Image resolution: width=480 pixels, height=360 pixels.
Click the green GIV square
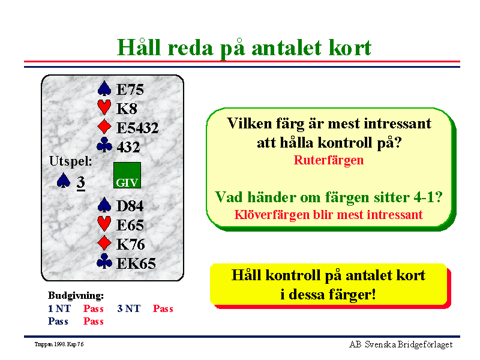pyautogui.click(x=127, y=175)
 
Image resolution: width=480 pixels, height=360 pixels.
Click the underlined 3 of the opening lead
pyautogui.click(x=81, y=182)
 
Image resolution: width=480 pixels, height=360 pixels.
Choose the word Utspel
pyautogui.click(x=71, y=161)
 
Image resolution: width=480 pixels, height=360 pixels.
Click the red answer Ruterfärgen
pyautogui.click(x=329, y=160)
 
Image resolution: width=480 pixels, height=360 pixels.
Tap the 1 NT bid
pyautogui.click(x=59, y=308)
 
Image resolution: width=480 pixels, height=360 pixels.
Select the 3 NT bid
pyautogui.click(x=129, y=308)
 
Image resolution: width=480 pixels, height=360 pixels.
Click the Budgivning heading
pyautogui.click(x=76, y=295)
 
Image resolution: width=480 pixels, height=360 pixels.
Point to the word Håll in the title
pyautogui.click(x=139, y=48)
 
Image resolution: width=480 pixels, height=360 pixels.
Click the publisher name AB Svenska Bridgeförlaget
pyautogui.click(x=401, y=344)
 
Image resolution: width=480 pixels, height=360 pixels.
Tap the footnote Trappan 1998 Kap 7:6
pyautogui.click(x=59, y=344)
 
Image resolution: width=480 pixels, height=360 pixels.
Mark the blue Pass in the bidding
pyautogui.click(x=58, y=322)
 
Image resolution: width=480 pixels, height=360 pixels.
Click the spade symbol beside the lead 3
pyautogui.click(x=64, y=181)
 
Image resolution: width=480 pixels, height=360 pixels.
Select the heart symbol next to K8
pyautogui.click(x=104, y=107)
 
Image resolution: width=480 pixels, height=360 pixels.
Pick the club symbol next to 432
pyautogui.click(x=104, y=145)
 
